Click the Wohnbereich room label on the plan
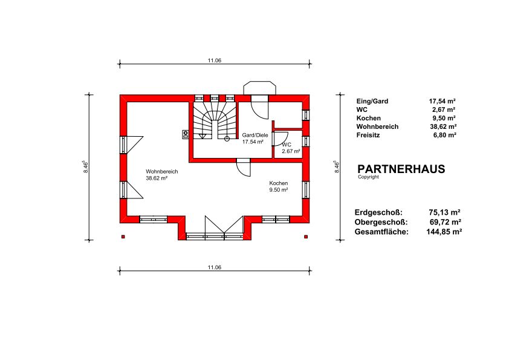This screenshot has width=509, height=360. [x=161, y=172]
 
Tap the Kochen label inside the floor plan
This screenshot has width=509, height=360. [x=279, y=183]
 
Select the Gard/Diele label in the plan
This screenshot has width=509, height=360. [x=255, y=135]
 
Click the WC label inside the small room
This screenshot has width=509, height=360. [x=287, y=145]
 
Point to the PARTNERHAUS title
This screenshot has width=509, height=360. [x=401, y=169]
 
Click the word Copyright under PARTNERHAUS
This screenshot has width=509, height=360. [x=368, y=177]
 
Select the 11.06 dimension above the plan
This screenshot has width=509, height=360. [x=215, y=61]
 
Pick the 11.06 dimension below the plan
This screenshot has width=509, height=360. [x=215, y=267]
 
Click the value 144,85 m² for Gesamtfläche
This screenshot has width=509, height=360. [x=444, y=232]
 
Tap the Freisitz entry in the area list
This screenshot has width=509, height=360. [x=368, y=135]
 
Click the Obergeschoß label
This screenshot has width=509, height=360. [x=381, y=222]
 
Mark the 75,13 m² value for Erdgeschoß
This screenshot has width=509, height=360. [x=445, y=212]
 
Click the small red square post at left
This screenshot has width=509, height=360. [x=123, y=237]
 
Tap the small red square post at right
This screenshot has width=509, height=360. [x=306, y=237]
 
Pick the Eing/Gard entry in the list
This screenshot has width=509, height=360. [x=372, y=101]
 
